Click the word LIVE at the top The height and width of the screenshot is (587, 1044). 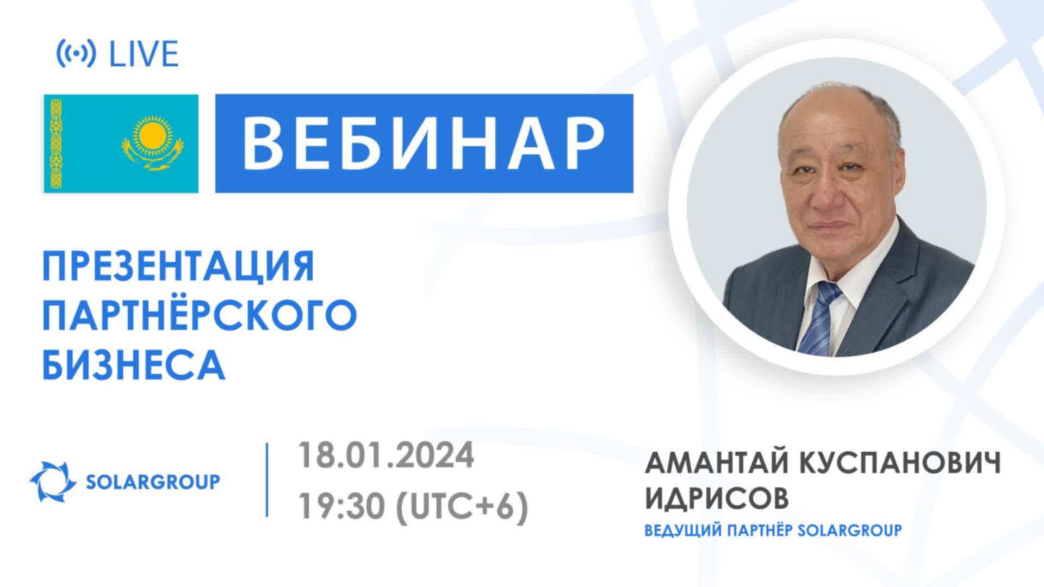pyautogui.click(x=144, y=54)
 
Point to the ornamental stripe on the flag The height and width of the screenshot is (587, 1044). pyautogui.click(x=54, y=143)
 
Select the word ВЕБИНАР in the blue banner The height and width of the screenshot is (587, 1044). pyautogui.click(x=424, y=143)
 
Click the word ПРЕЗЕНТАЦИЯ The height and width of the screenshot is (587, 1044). pyautogui.click(x=178, y=265)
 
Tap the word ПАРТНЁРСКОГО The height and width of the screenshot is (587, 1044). pyautogui.click(x=200, y=315)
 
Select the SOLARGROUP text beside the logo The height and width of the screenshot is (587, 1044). pyautogui.click(x=153, y=482)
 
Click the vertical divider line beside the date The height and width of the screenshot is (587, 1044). pyautogui.click(x=267, y=480)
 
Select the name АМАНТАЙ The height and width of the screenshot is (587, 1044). pyautogui.click(x=717, y=465)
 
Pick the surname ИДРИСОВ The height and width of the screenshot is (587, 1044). pyautogui.click(x=716, y=498)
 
